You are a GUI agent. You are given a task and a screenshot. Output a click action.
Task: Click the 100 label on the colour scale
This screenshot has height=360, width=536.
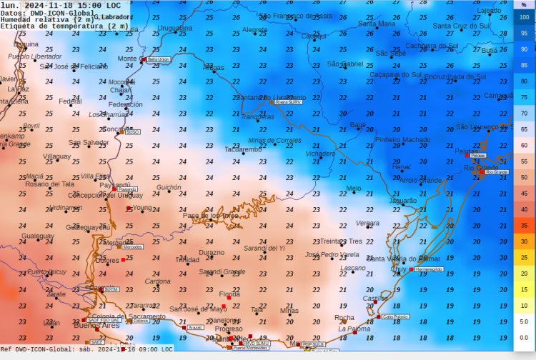coord(524,17)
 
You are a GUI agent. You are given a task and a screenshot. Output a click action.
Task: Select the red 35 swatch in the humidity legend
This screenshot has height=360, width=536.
coord(524,225)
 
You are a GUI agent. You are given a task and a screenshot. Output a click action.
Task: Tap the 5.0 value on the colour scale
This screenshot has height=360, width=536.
coord(524,321)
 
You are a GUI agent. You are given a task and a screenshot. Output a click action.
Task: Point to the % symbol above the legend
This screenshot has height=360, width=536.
coord(524,5)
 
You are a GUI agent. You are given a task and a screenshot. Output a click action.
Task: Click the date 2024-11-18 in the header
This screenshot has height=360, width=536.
coord(50,5)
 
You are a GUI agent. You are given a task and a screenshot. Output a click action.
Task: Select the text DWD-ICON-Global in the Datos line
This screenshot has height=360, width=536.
coord(59,12)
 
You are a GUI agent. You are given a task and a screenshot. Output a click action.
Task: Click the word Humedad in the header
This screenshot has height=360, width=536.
coord(16,19)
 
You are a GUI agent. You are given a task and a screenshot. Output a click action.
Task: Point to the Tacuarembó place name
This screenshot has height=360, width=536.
coord(243,149)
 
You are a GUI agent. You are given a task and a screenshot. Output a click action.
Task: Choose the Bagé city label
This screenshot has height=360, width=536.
coord(358,125)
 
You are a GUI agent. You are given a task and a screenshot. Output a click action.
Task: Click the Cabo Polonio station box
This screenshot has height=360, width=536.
coord(395,316)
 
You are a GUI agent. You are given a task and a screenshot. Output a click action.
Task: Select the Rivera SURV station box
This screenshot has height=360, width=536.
coord(289,101)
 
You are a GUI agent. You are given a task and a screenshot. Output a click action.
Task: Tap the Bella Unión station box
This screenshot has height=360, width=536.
coord(158,59)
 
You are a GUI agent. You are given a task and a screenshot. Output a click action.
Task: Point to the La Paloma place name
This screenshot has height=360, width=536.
coord(354,329)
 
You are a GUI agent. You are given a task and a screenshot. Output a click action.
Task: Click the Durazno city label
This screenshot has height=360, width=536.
coord(212,252)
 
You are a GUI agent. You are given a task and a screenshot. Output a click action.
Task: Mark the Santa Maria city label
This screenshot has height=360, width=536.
coord(377,24)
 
